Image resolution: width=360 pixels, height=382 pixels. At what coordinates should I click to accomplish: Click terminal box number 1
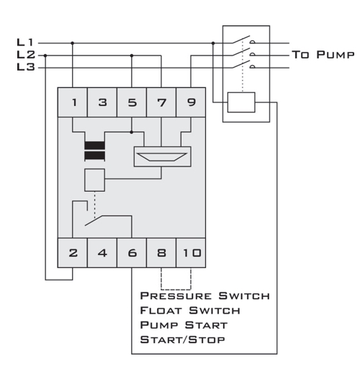(72, 102)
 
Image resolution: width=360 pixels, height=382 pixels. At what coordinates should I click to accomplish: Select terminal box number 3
(102, 102)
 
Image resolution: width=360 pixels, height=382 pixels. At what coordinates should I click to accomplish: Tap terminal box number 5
(132, 102)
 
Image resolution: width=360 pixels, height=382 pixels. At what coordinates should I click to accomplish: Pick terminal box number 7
(161, 102)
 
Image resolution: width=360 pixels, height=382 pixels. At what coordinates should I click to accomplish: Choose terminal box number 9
(191, 102)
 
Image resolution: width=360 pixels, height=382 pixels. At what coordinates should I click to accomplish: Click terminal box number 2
(72, 253)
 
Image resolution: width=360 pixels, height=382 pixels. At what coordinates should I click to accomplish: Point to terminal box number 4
(102, 253)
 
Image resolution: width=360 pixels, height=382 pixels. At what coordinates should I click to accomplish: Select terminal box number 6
(132, 253)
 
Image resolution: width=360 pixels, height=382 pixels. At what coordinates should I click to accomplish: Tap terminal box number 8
(161, 253)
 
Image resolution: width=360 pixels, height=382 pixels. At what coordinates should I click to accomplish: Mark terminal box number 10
(191, 253)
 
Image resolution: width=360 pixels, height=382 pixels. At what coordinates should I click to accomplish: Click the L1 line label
(24, 43)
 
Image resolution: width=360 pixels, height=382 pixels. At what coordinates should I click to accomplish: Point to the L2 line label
(26, 55)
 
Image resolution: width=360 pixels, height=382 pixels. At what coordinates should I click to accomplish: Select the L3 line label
(26, 67)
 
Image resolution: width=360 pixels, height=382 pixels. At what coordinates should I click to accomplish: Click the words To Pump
(323, 55)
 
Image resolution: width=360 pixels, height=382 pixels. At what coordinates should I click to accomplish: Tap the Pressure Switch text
(205, 296)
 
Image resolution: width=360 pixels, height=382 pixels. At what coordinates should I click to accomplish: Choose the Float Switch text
(190, 311)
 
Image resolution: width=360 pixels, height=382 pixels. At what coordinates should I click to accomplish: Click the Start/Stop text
(182, 339)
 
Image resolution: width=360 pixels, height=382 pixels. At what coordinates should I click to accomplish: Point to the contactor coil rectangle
(241, 102)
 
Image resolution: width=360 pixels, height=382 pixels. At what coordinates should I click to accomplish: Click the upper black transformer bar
(95, 146)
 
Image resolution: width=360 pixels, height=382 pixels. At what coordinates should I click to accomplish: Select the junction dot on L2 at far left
(45, 55)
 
